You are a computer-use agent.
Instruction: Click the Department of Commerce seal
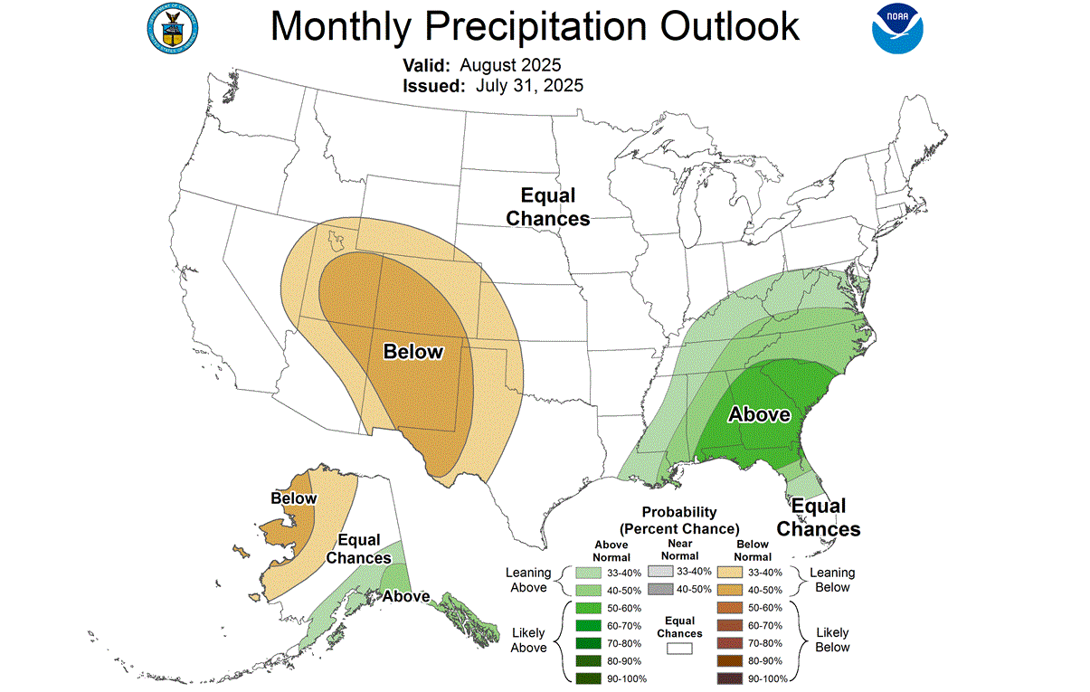point(172,26)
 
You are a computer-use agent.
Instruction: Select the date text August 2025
point(510,66)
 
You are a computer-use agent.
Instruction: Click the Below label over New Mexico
point(413,352)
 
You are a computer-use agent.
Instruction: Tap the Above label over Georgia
point(760,415)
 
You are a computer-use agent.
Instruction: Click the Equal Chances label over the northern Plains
point(547,207)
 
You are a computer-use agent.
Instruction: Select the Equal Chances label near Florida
point(818,517)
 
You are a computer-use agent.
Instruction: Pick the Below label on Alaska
point(294,498)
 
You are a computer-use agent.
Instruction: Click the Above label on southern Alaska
point(405,597)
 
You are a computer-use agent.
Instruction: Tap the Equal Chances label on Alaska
point(358,549)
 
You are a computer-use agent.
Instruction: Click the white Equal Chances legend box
point(679,649)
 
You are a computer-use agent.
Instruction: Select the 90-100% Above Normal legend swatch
point(586,678)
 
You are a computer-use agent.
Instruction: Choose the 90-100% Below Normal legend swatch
point(728,678)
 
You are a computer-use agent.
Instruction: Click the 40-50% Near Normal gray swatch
point(661,589)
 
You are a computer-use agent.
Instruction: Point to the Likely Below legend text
point(832,640)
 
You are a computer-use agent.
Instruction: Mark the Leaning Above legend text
point(528,580)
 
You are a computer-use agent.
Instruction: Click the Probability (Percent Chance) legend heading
point(678,520)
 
